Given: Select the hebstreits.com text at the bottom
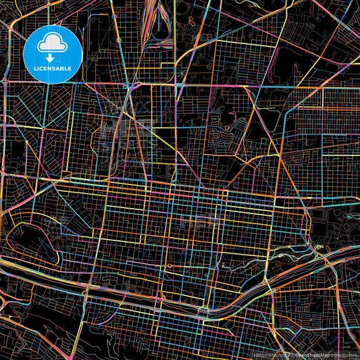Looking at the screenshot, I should [x=268, y=355].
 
